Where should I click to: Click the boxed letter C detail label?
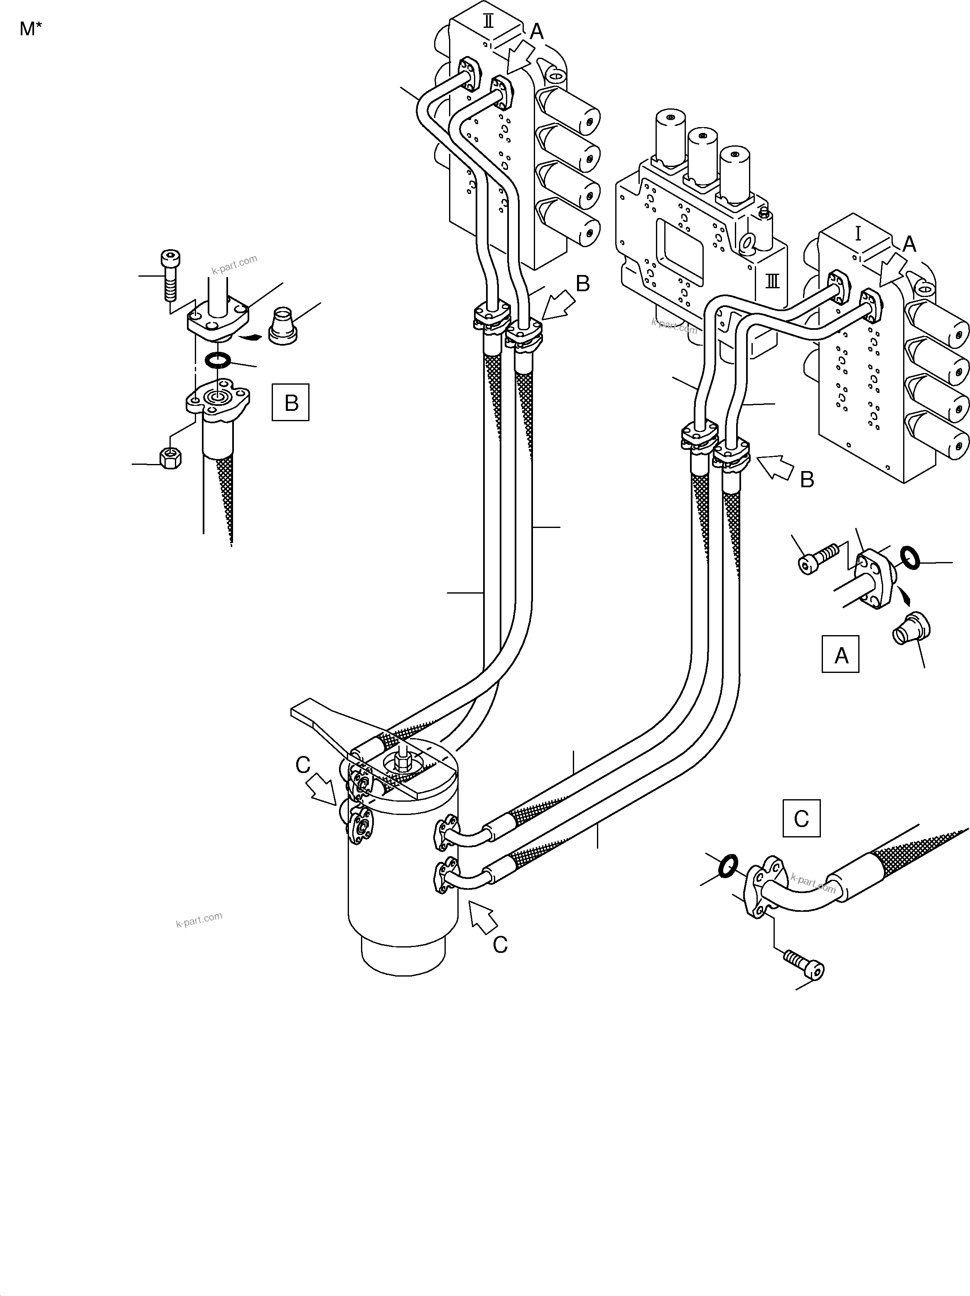[x=801, y=818]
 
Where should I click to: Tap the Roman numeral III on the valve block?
[x=773, y=282]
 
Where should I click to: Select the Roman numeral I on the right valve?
[x=858, y=234]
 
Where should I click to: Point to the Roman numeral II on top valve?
[x=488, y=22]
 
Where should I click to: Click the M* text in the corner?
[x=30, y=29]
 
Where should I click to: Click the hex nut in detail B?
[x=170, y=458]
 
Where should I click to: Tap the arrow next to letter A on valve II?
[x=520, y=59]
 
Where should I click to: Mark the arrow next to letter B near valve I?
[x=774, y=468]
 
